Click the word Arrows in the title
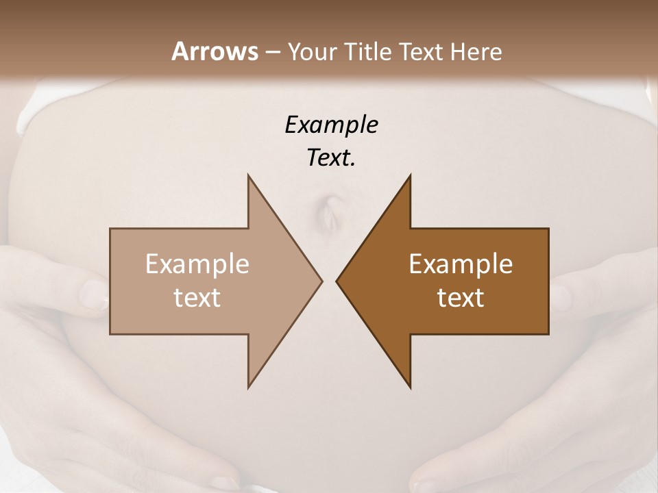tap(214, 51)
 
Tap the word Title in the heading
tap(368, 51)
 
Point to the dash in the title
tap(272, 52)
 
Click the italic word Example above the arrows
tap(332, 125)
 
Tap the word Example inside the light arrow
tap(197, 264)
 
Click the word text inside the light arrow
tap(197, 297)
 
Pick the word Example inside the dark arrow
tap(461, 264)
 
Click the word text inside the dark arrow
tap(461, 297)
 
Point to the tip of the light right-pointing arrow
tap(321, 281)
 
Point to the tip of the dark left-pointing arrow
tap(337, 281)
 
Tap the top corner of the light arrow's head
tap(249, 176)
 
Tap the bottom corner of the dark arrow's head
tap(410, 388)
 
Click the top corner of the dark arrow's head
tap(410, 175)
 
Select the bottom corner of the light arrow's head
tap(249, 388)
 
